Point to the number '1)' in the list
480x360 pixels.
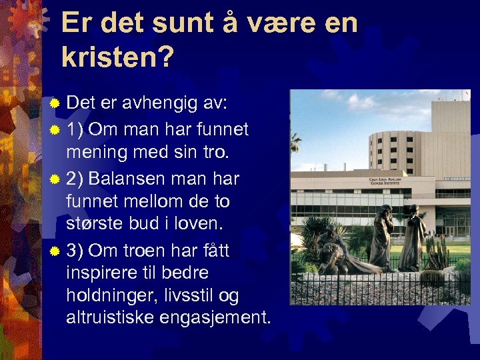75,128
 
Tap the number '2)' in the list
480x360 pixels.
75,179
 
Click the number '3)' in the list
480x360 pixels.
75,251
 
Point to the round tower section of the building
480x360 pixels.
394,150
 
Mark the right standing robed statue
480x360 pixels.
413,237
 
